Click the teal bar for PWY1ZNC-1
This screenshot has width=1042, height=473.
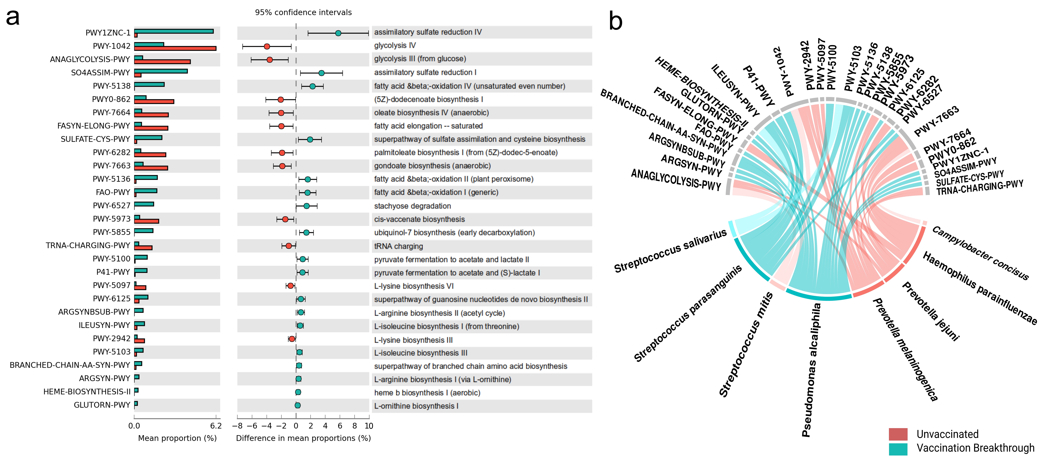(x=174, y=31)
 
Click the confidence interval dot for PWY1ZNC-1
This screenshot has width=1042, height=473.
(x=338, y=33)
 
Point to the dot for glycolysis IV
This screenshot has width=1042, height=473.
(x=267, y=46)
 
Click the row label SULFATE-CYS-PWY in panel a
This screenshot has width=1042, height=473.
(x=95, y=139)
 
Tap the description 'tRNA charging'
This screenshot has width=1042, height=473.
(x=398, y=246)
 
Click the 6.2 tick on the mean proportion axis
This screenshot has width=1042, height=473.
(x=216, y=426)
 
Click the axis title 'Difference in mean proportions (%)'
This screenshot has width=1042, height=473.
(x=303, y=438)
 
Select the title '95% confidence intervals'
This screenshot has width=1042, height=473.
(x=303, y=12)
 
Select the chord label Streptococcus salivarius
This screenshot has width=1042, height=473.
(x=670, y=251)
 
